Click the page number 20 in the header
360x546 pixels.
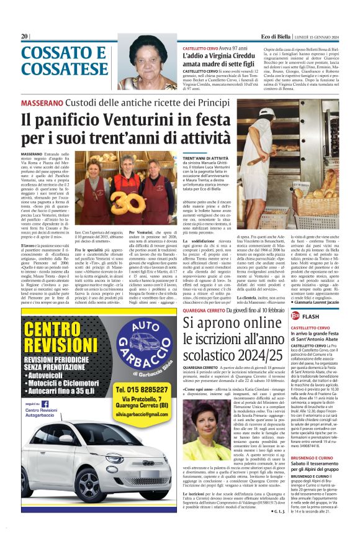point(25,37)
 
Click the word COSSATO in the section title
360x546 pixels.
point(55,53)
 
